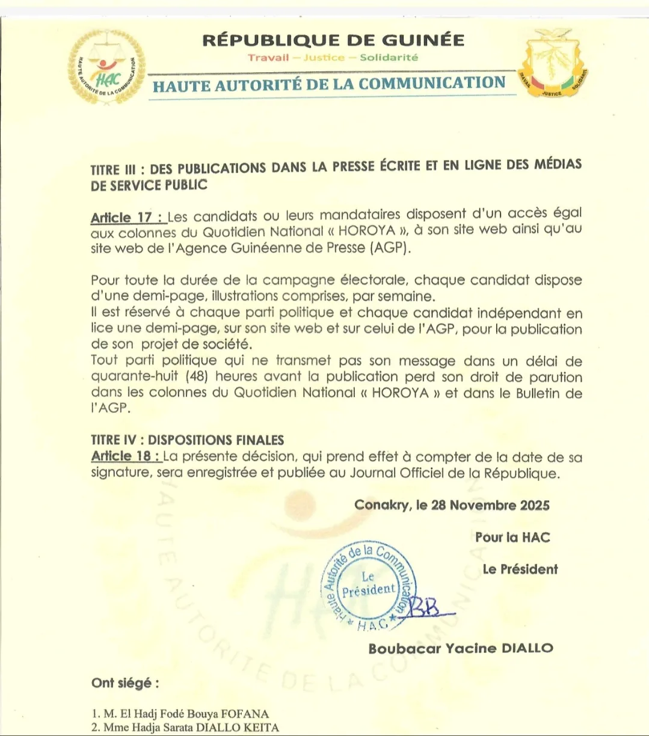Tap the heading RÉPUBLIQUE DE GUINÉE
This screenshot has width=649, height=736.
[333, 40]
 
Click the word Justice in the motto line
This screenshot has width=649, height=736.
[324, 58]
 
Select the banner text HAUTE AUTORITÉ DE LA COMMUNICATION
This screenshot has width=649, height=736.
[329, 84]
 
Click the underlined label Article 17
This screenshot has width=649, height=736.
[126, 217]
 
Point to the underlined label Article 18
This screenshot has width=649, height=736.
[126, 456]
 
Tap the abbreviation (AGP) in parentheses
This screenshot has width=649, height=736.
[391, 248]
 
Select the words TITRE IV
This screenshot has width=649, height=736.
[115, 440]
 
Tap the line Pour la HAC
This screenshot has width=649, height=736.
[512, 537]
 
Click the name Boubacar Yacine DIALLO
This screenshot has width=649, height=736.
[461, 648]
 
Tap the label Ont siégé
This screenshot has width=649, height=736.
[125, 683]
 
